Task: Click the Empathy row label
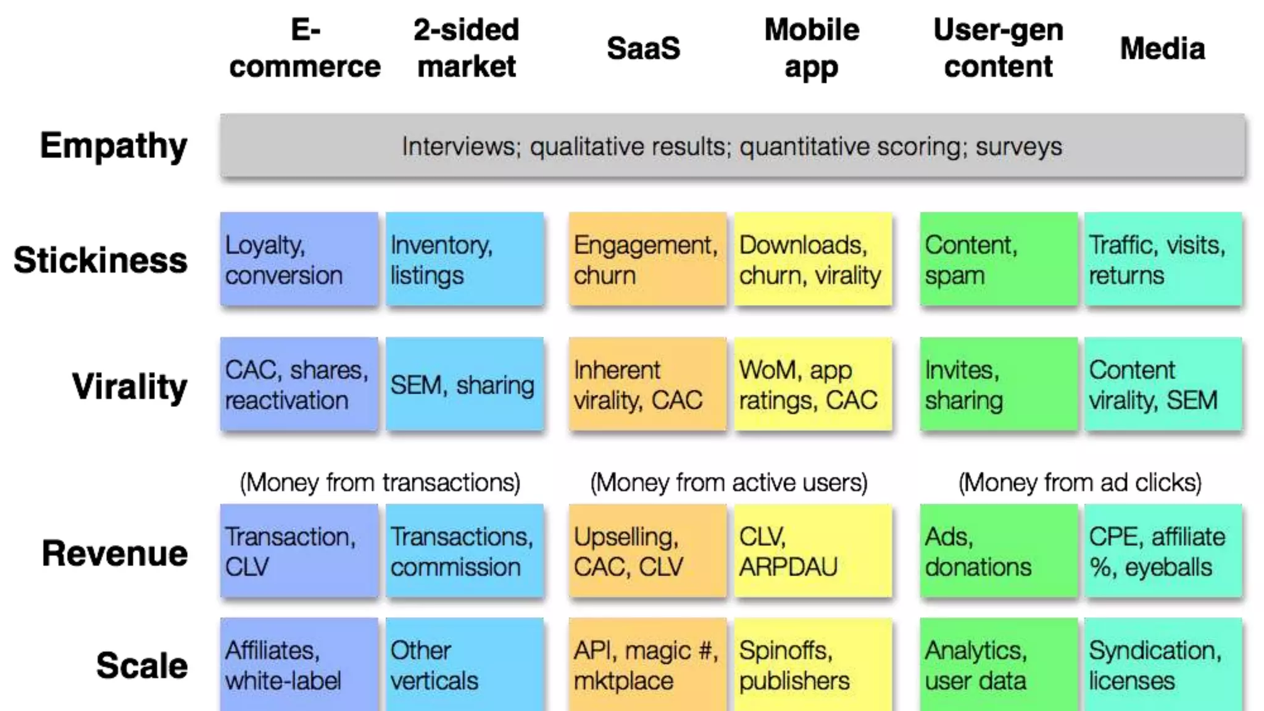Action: click(114, 146)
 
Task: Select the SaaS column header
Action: click(643, 48)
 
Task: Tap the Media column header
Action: click(1162, 48)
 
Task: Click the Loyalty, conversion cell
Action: click(299, 259)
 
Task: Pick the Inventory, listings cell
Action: click(464, 259)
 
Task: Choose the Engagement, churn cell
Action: click(647, 259)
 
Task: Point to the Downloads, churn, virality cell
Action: click(812, 259)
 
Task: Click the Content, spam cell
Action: click(998, 259)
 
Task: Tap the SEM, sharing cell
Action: click(464, 384)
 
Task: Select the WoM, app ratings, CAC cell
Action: click(812, 384)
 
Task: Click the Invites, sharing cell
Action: click(998, 384)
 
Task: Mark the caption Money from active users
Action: click(728, 482)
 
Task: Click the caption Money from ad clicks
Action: click(1080, 482)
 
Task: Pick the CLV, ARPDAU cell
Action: click(812, 551)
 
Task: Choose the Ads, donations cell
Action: click(998, 551)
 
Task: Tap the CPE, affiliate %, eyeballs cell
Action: click(1163, 551)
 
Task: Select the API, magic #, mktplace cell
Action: click(647, 665)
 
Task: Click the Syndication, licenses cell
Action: click(1163, 665)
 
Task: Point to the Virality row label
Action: click(130, 386)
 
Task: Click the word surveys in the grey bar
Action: click(1019, 147)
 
